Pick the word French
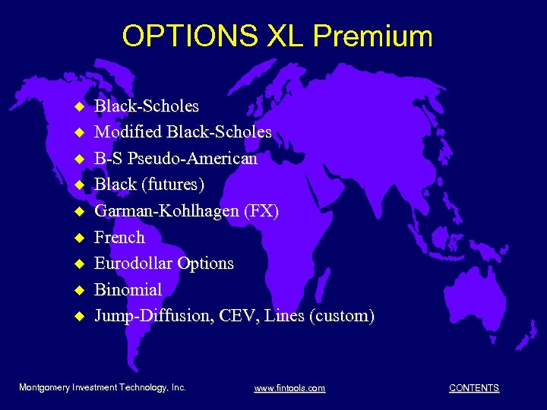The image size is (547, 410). tap(119, 237)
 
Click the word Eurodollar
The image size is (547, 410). tap(134, 263)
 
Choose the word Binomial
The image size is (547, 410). tap(128, 289)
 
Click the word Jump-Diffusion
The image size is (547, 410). tap(152, 316)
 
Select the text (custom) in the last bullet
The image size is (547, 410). tap(342, 316)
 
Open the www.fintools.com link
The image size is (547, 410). tap(289, 388)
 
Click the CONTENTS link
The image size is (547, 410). tap(474, 388)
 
